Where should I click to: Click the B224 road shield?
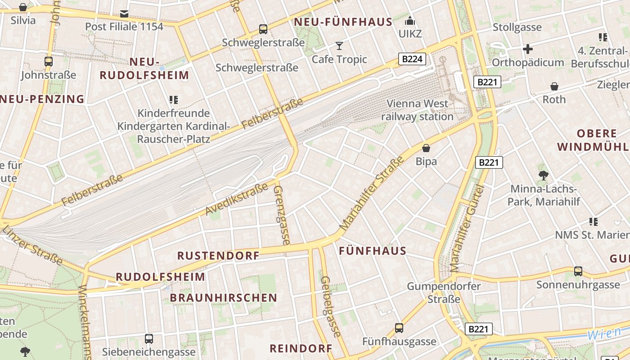412,58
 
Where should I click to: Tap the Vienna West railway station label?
417,110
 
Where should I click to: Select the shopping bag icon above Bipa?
426,148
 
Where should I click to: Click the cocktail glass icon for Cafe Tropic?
339,45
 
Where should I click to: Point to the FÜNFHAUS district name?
373,251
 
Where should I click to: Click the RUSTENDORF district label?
218,256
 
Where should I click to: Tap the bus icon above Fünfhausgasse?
399,328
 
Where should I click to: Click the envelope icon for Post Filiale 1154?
124,13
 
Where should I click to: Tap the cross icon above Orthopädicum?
528,49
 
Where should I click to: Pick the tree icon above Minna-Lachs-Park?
543,175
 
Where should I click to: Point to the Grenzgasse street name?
282,215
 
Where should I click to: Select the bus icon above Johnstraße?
49,61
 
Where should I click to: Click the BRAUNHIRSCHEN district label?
223,298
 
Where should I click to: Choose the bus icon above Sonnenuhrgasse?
578,271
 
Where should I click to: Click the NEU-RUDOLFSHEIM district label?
144,68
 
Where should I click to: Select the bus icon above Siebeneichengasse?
148,338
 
